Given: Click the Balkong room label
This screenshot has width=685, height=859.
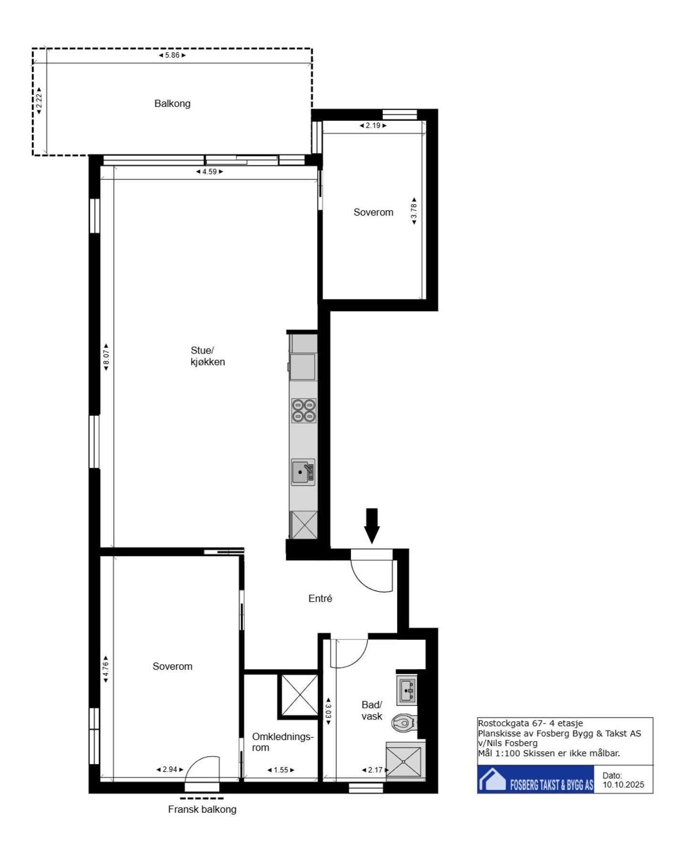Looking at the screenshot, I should (x=172, y=104).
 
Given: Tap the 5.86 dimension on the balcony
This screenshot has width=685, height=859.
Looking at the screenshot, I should (x=172, y=55).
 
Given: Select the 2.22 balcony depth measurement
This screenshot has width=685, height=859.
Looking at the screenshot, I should (x=40, y=101).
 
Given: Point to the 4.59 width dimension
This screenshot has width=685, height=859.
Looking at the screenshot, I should (x=210, y=172).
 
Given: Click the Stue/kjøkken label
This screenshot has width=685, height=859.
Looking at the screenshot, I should (x=207, y=356).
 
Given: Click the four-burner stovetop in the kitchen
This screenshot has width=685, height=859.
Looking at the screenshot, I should (x=304, y=410).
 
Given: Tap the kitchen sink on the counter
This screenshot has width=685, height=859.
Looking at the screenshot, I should (x=303, y=472).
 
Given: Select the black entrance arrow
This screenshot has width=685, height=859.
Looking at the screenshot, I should (x=372, y=525).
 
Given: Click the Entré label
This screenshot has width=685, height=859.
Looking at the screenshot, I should (x=320, y=598).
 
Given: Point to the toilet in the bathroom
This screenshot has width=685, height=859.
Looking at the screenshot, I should (x=404, y=723).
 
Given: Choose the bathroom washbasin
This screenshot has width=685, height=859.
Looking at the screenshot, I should (x=407, y=690).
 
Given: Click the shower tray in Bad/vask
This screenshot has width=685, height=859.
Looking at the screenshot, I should (x=404, y=762).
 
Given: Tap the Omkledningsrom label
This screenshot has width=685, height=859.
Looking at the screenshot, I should (x=283, y=742).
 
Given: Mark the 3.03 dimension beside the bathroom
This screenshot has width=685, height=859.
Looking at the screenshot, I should (x=328, y=711).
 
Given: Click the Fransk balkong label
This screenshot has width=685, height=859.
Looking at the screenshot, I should (x=202, y=809).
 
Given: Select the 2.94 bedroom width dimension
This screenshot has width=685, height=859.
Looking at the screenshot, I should (x=169, y=769).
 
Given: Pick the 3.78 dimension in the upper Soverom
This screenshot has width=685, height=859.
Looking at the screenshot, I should (x=414, y=211).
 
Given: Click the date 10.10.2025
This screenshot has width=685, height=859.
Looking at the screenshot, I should (x=623, y=785).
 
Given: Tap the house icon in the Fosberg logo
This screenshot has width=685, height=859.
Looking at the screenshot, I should (x=493, y=779).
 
